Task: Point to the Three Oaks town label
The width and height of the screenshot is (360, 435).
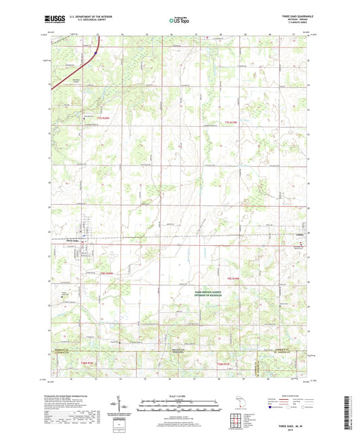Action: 83,241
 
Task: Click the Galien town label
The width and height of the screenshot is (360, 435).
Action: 300,235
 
